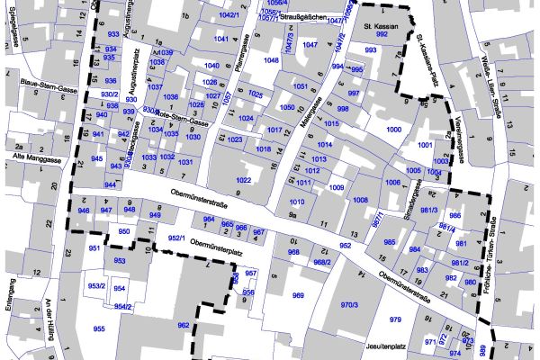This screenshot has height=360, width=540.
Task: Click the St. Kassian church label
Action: click(x=381, y=28)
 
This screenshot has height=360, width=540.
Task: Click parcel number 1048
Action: click(x=271, y=60)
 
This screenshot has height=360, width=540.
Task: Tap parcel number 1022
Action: click(x=243, y=181)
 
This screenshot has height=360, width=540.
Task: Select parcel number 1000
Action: click(x=393, y=130)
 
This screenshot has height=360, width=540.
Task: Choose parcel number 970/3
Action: click(x=349, y=305)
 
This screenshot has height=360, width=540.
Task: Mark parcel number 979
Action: click(x=394, y=319)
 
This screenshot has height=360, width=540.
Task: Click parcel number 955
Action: click(x=99, y=328)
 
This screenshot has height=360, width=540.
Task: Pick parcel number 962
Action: click(x=183, y=325)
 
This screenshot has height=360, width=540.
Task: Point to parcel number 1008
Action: click(x=360, y=200)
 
